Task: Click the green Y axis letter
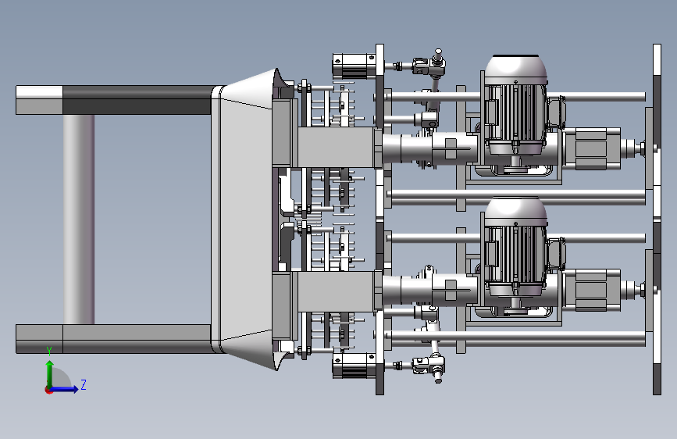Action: pyautogui.click(x=49, y=352)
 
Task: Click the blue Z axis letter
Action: pyautogui.click(x=84, y=384)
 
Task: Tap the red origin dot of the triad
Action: pyautogui.click(x=48, y=390)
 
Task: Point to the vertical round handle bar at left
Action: pyautogui.click(x=79, y=219)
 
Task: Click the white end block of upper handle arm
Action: pyautogui.click(x=39, y=92)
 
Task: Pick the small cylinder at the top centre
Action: pyautogui.click(x=354, y=66)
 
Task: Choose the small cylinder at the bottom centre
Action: pyautogui.click(x=354, y=366)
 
